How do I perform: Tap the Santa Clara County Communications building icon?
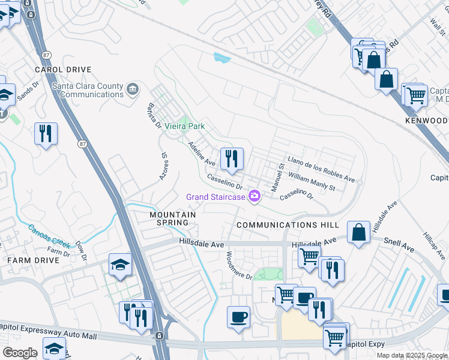point(133,90)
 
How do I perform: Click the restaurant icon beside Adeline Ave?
point(232,159)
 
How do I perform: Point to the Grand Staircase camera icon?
point(255,196)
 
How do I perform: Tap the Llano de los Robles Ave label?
point(321,170)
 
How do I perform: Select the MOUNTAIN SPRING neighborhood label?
point(173,218)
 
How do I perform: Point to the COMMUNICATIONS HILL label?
point(288,225)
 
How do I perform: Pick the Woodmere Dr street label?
point(239,265)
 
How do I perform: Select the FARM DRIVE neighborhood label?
point(33,260)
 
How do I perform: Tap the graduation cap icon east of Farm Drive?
point(120,265)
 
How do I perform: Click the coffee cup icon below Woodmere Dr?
point(238,316)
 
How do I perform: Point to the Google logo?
point(20,353)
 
